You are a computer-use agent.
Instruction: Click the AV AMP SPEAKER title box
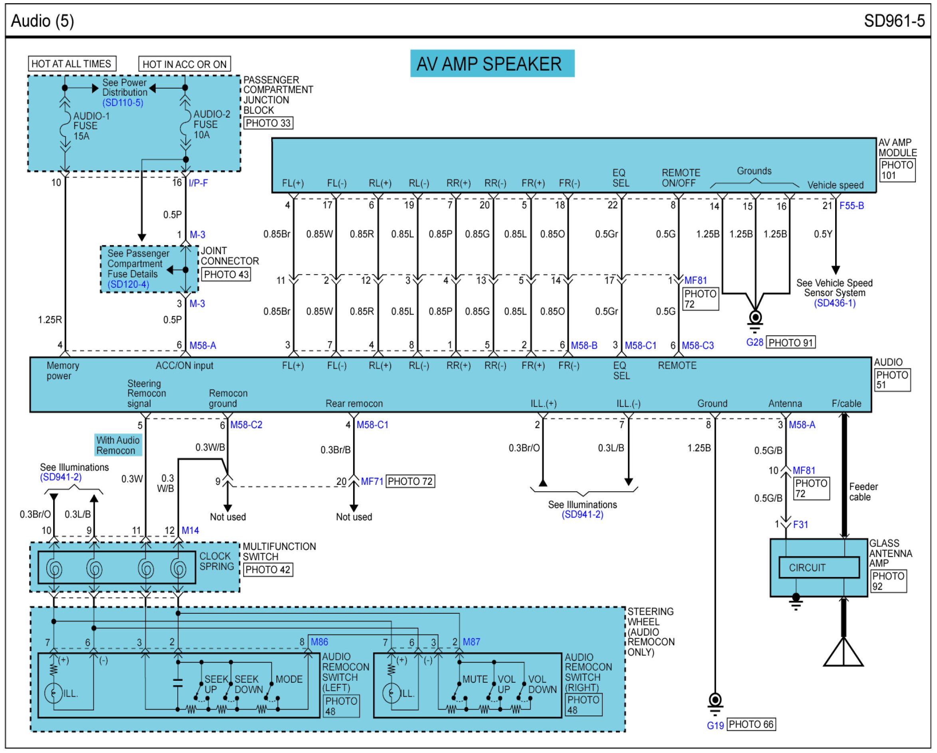click(492, 63)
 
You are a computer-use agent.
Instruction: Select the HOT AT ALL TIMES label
click(72, 64)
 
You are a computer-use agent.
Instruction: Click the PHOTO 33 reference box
click(268, 123)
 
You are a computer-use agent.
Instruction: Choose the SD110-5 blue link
click(123, 103)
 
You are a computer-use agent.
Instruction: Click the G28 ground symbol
click(755, 318)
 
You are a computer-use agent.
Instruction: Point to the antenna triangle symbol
click(843, 653)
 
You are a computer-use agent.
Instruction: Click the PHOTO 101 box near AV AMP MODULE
click(897, 170)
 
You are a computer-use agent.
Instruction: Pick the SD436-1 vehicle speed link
click(834, 303)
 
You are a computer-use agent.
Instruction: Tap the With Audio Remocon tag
click(118, 445)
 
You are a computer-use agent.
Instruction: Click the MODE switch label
click(289, 679)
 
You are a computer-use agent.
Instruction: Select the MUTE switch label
click(474, 679)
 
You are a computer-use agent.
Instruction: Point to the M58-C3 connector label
click(697, 346)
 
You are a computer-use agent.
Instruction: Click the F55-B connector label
click(852, 206)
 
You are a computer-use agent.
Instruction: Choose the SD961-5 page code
click(894, 21)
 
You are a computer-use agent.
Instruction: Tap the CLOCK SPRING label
click(216, 561)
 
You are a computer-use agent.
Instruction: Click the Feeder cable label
click(863, 492)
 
